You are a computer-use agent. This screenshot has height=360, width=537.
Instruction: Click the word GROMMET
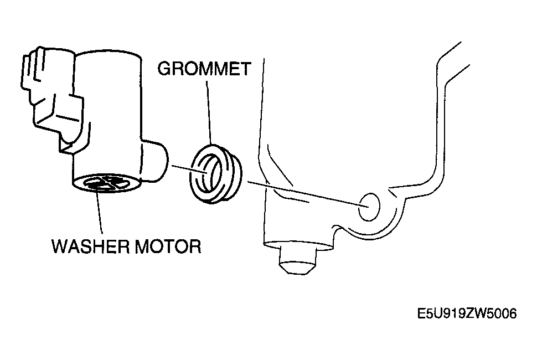(x=204, y=69)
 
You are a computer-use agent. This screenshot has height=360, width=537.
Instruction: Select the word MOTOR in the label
(x=168, y=246)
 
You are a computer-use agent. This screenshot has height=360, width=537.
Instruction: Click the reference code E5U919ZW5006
(x=467, y=313)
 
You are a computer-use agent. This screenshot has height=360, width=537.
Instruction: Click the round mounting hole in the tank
(x=369, y=207)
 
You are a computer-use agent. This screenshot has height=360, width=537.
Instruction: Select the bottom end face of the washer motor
(x=107, y=183)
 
